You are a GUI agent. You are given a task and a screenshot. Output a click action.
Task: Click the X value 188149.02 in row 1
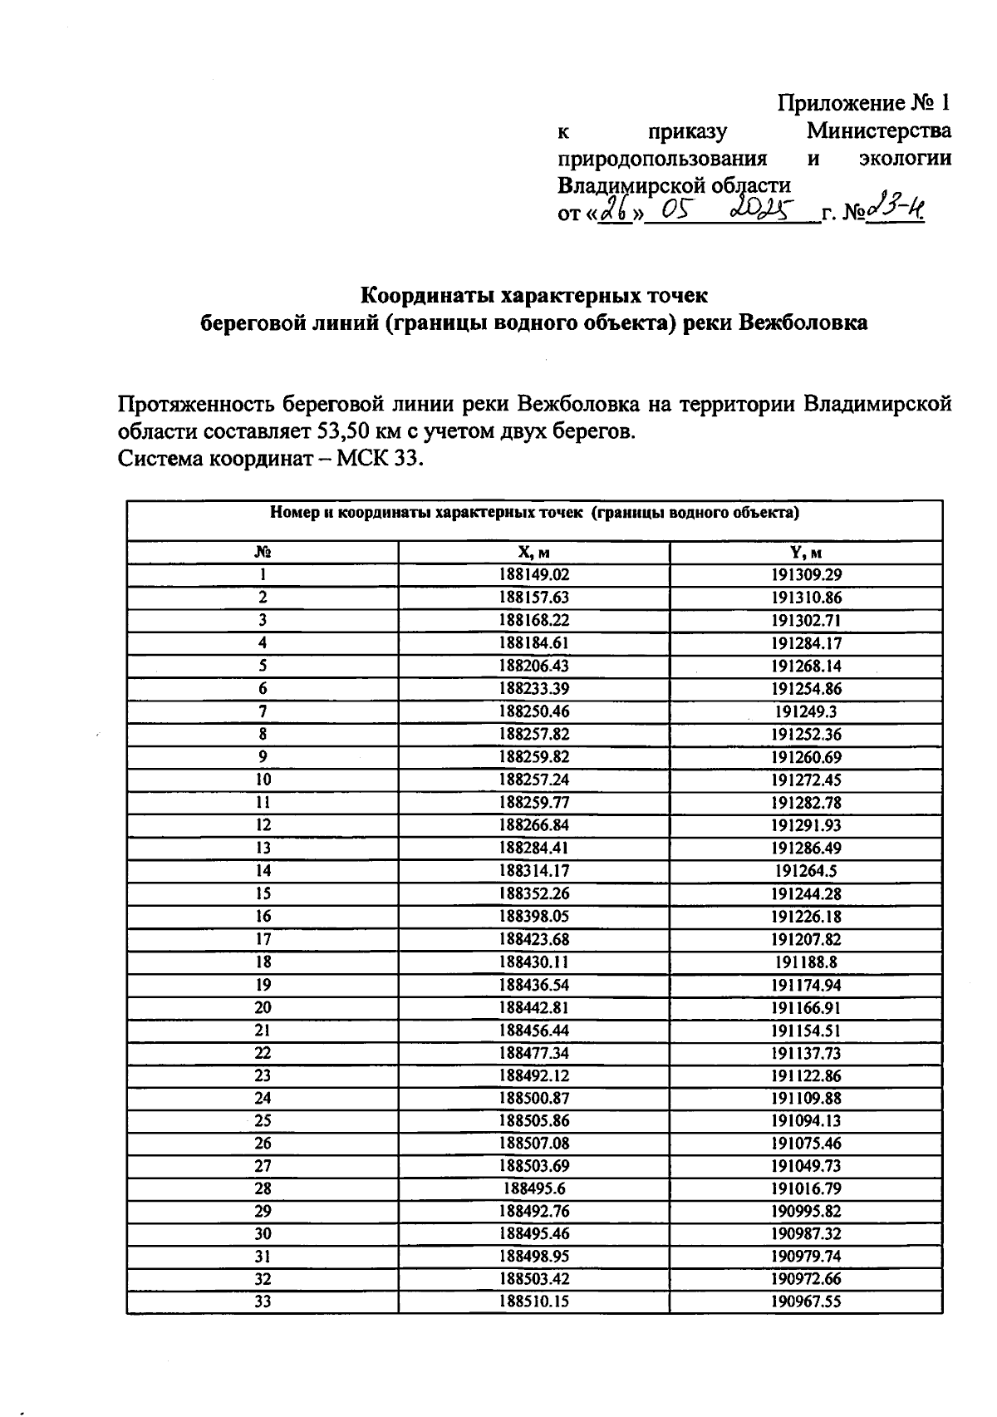[x=534, y=574]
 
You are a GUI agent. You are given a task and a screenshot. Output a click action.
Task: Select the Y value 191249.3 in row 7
[x=806, y=711]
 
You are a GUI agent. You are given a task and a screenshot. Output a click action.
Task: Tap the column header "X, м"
[x=534, y=553]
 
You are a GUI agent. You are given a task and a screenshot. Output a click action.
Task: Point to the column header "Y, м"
[x=806, y=553]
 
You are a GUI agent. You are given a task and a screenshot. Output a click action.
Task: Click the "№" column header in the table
[x=263, y=553]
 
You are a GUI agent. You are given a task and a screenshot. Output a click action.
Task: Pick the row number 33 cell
[x=263, y=1302]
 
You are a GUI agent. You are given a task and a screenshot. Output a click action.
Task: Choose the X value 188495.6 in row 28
[x=534, y=1188]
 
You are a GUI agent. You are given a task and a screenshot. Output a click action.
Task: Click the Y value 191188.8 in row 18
[x=806, y=962]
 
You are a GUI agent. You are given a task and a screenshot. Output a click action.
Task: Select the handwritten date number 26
[x=616, y=212]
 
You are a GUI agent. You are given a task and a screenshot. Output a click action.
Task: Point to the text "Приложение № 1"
[x=863, y=103]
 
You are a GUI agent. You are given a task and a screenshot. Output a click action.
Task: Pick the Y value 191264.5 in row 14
[x=806, y=871]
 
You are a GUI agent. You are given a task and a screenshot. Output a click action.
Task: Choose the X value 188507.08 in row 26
[x=534, y=1144]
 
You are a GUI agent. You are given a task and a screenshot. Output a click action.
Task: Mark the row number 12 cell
[x=263, y=825]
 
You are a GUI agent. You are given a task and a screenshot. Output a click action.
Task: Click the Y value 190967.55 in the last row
[x=806, y=1302]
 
